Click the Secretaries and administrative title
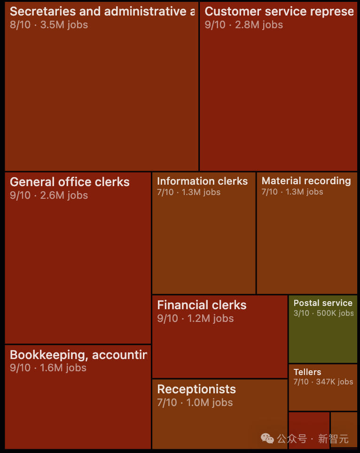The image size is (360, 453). coord(102,11)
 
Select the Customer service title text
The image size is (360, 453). coord(279,11)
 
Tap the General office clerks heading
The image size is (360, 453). coord(70,182)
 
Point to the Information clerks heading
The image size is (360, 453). coord(202,181)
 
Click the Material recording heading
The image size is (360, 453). coord(306,180)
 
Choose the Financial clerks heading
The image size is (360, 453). coord(202,305)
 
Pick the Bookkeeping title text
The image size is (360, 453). coord(78,355)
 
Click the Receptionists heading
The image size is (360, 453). coord(196,389)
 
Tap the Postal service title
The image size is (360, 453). coord(323,303)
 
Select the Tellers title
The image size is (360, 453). coord(307,372)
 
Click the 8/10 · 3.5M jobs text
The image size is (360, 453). coord(49,24)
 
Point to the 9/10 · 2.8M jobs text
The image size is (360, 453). coord(244,24)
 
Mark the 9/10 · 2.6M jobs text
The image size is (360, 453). coord(49,195)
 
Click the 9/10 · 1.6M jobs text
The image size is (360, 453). coord(48,367)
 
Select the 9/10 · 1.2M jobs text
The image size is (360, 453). coord(195,318)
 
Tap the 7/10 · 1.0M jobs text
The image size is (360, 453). coord(195,402)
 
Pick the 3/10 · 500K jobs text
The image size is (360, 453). coord(323,313)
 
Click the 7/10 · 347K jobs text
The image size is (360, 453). coord(323,382)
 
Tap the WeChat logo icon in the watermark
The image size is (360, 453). coord(267,439)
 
